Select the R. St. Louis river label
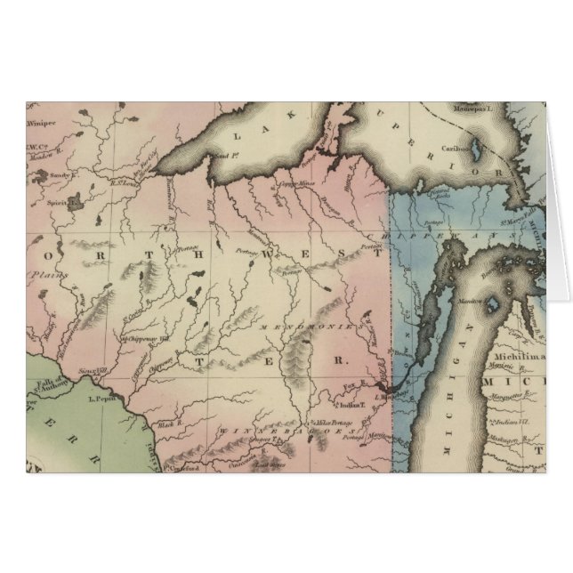(124, 182)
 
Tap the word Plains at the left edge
(39, 277)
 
